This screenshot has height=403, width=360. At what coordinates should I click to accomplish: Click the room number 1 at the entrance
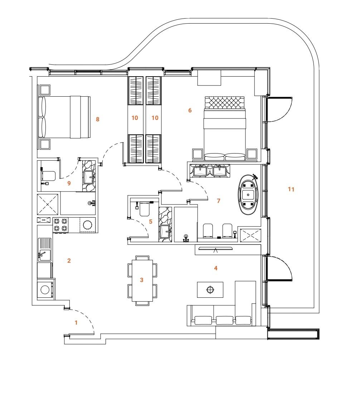pyautogui.click(x=76, y=322)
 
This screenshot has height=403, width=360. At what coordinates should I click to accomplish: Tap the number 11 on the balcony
pyautogui.click(x=291, y=189)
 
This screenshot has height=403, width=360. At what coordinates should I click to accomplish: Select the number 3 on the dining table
pyautogui.click(x=142, y=280)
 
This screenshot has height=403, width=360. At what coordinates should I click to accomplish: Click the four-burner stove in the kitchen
pyautogui.click(x=60, y=224)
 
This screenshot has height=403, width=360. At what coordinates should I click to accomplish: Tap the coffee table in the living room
pyautogui.click(x=210, y=290)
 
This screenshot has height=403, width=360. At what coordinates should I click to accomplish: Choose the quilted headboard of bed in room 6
pyautogui.click(x=224, y=102)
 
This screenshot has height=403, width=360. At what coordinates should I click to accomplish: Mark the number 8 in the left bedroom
pyautogui.click(x=97, y=120)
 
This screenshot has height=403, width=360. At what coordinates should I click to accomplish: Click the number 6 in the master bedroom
pyautogui.click(x=190, y=111)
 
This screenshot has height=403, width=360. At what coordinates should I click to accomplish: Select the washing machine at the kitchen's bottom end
pyautogui.click(x=45, y=290)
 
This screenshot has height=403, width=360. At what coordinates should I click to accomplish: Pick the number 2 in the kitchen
pyautogui.click(x=69, y=261)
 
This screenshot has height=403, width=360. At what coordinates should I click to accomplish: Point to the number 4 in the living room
pyautogui.click(x=215, y=268)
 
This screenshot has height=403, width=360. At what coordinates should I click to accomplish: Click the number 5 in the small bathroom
pyautogui.click(x=151, y=222)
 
